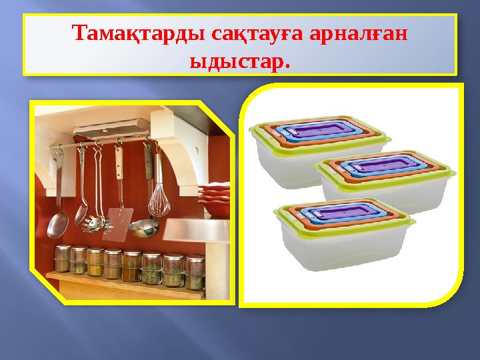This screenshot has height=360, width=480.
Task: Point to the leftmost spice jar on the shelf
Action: coord(64,260)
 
